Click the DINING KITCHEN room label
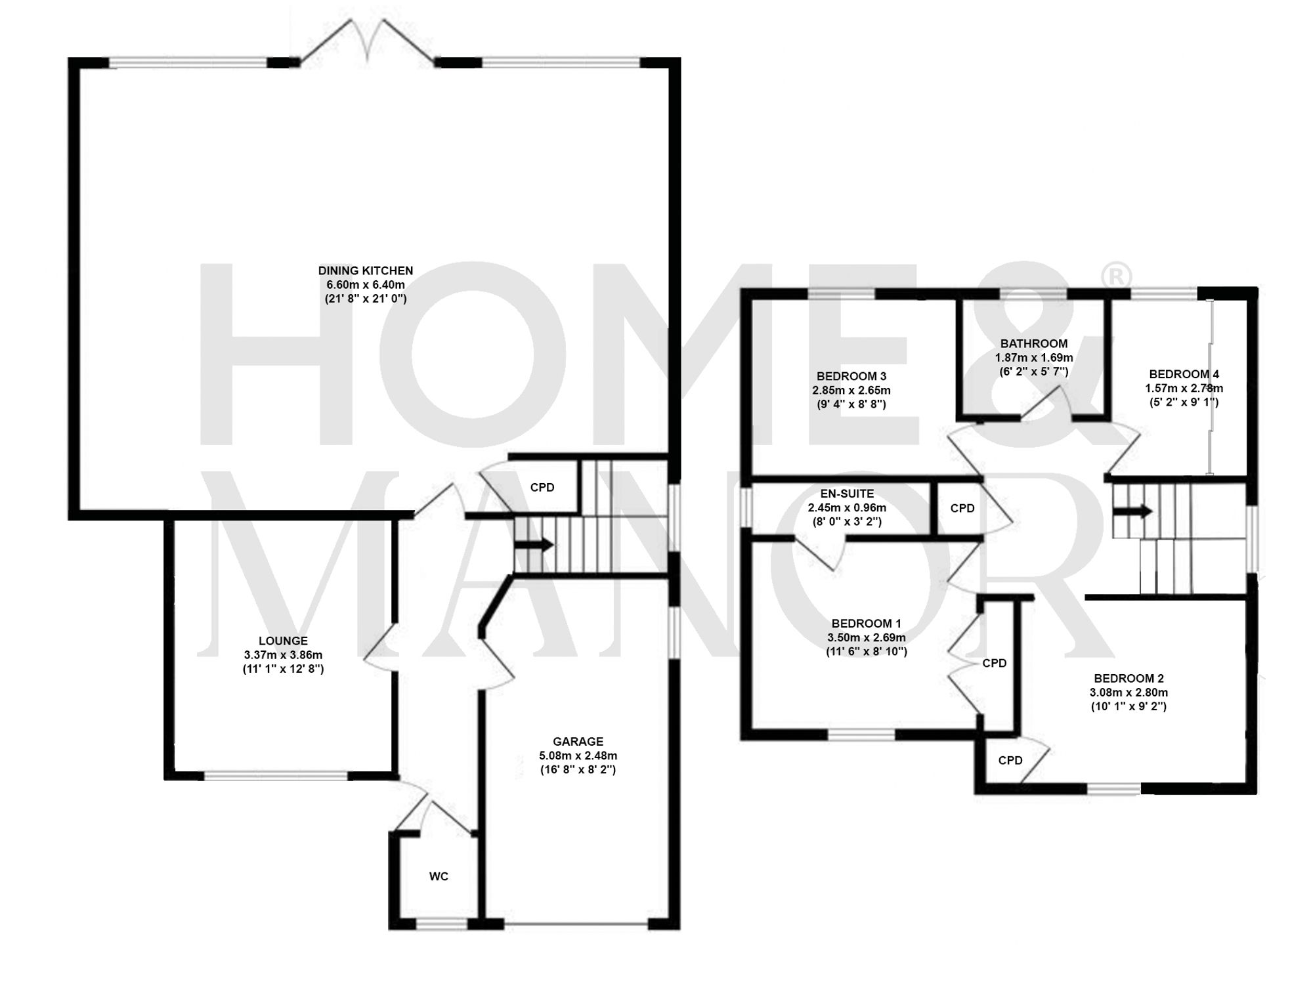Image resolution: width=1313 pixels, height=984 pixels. [x=365, y=270]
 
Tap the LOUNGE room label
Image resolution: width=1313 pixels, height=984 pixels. [x=283, y=641]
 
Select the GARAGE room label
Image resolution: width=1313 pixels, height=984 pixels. [x=578, y=742]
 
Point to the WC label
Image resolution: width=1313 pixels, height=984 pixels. [x=439, y=876]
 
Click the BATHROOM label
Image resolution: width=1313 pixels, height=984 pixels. [x=1034, y=343]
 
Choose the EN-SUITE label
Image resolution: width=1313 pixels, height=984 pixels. [x=847, y=494]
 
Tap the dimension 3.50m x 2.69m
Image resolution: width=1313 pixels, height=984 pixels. [x=867, y=637]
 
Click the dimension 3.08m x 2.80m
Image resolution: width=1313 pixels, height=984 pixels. [x=1129, y=693]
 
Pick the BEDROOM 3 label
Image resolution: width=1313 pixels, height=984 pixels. [x=851, y=376]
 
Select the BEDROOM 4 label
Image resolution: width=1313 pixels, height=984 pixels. [x=1184, y=374]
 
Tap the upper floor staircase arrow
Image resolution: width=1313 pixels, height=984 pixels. [x=1136, y=511]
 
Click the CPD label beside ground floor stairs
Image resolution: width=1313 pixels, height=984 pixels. [x=542, y=487]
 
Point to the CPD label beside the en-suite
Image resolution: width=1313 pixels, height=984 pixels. [x=962, y=508]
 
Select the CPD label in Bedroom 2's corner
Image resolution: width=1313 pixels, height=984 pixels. [x=1010, y=760]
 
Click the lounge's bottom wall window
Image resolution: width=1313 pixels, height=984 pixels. [x=276, y=776]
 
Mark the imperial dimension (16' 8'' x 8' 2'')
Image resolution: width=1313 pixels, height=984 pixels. [x=578, y=770]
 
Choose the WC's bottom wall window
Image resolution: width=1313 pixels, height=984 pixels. [x=441, y=925]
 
